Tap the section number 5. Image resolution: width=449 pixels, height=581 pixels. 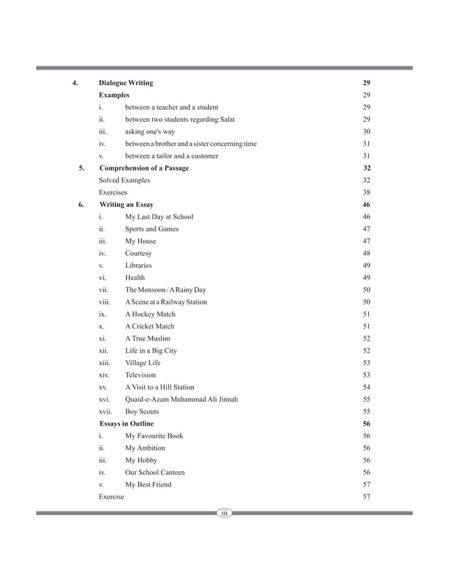82,168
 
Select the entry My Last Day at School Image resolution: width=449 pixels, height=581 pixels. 159,217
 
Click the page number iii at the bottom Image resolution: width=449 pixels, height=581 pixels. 224,514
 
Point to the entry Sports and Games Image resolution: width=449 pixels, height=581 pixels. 152,229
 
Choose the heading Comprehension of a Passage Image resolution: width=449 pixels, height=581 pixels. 144,168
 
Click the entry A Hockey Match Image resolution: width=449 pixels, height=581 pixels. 150,314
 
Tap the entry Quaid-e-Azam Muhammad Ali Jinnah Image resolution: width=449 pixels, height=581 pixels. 182,400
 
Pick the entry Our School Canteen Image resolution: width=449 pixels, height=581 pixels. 156,472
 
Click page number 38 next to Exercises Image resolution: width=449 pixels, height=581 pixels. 366,192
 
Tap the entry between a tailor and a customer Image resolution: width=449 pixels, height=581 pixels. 172,155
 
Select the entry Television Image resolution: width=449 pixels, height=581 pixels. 141,375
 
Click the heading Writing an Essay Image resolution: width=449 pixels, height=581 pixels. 127,205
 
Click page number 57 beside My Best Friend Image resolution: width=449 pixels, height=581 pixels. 366,485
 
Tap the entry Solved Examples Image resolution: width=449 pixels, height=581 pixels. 125,180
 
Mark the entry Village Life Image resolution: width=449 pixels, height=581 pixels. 143,363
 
